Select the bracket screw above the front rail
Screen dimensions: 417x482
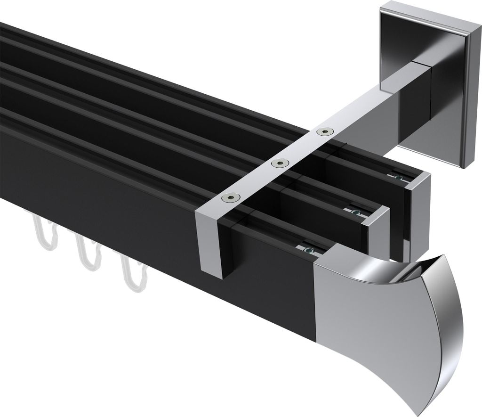click(230, 197)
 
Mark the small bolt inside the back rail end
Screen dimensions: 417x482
click(399, 178)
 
